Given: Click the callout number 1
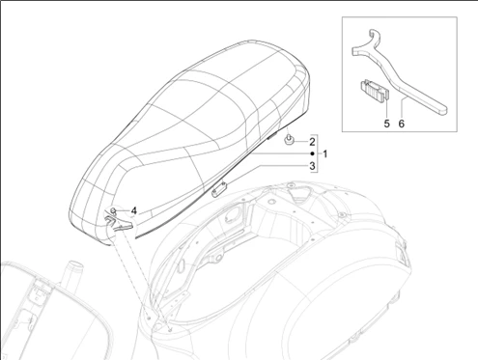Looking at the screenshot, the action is (x=325, y=153).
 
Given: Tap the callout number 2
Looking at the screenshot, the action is (x=312, y=142).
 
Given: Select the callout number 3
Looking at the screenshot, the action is (x=312, y=166).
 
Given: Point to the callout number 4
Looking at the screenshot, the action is (x=134, y=211).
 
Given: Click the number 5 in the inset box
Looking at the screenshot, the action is (x=386, y=124).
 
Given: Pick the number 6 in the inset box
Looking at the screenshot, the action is (x=401, y=124).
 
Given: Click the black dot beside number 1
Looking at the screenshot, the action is (x=312, y=153).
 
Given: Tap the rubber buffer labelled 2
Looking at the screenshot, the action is (x=288, y=140).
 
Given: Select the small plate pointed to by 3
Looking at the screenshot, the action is (x=219, y=189).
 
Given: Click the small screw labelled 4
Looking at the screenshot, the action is (x=113, y=211).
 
